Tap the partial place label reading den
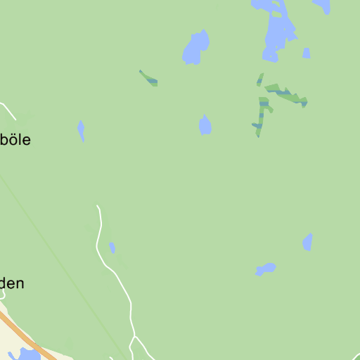pos(13,284)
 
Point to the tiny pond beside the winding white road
pos(112,247)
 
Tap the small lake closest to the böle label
pos(81,130)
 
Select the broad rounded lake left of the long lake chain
pos(196,47)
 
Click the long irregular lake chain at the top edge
pos(276,28)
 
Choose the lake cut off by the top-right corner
pos(323,6)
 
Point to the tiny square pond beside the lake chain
pos(307,53)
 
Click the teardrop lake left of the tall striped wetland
pos(205,125)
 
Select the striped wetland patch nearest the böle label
pos(149,79)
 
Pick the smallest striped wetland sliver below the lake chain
pos(260,79)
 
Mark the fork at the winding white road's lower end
pos(133,339)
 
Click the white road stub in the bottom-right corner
pos(356,355)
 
